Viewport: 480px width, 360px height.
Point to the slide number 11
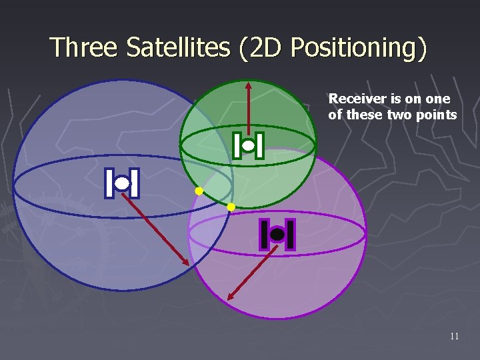(454, 337)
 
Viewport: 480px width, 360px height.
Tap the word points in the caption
(437, 115)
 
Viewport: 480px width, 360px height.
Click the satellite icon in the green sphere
(249, 145)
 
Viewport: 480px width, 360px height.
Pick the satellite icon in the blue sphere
(122, 183)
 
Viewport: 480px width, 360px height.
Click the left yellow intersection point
(199, 191)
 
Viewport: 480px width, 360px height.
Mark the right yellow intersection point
(231, 207)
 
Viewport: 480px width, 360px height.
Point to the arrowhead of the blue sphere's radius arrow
(187, 262)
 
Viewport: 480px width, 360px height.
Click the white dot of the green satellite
(249, 145)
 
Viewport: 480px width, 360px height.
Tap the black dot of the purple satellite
(277, 235)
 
